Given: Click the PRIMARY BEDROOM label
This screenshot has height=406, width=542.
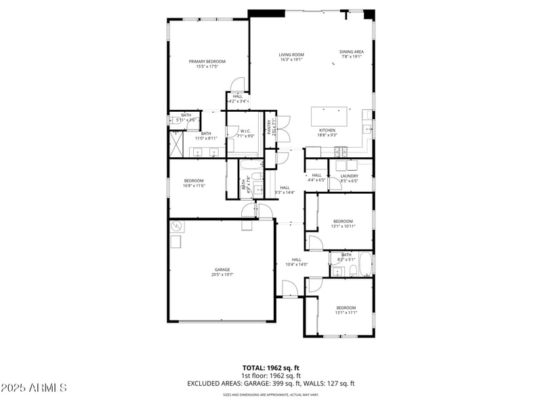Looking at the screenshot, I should (207, 62).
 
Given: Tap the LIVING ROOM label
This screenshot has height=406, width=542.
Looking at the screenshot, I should (291, 55).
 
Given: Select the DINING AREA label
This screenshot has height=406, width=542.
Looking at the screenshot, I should (352, 52).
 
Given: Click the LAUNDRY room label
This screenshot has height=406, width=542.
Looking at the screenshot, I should (350, 176).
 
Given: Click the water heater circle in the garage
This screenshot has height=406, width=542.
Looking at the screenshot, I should (178, 226).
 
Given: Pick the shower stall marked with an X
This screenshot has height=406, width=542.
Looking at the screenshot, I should (176, 144).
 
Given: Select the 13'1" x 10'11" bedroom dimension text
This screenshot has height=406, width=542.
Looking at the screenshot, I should (343, 226).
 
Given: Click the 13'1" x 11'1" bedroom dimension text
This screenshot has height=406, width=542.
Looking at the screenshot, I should (346, 313).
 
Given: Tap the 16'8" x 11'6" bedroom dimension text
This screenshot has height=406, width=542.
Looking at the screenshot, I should (194, 186).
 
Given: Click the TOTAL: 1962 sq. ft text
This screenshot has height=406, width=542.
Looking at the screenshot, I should (271, 368).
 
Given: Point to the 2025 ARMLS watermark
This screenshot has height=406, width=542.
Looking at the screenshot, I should (34, 388).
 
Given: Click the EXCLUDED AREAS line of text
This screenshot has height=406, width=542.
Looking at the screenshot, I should (271, 383).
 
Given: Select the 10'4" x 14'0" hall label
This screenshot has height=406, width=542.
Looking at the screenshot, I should (297, 264).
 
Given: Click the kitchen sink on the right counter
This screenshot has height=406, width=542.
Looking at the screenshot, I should (367, 127).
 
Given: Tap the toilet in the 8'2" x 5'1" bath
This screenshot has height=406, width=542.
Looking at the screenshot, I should (353, 271).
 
